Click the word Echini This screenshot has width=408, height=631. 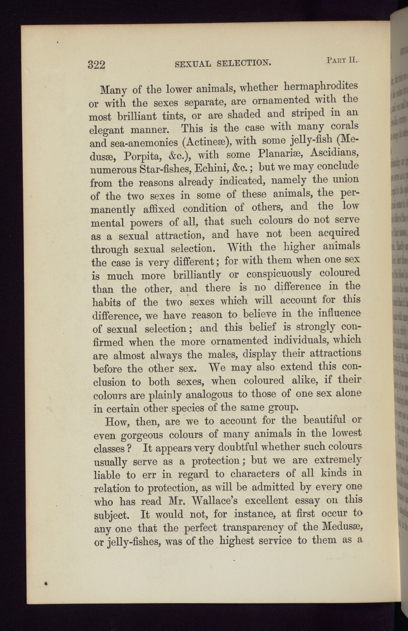coord(210,168)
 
